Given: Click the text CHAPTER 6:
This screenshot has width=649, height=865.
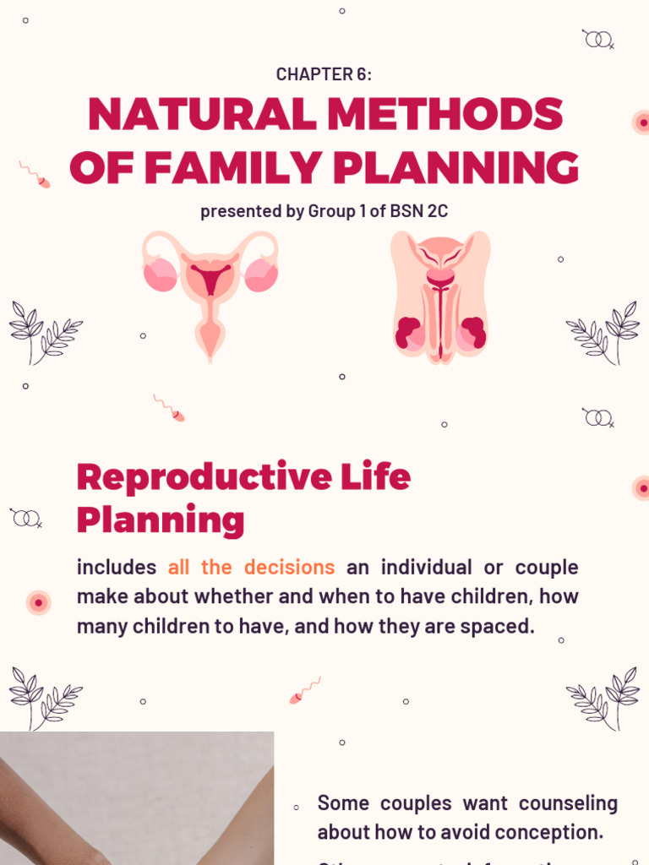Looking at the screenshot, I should click(x=324, y=74).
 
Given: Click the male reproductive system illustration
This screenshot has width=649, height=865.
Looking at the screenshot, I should click(x=439, y=296).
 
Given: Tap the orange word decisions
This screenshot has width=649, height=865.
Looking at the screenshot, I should click(x=290, y=567).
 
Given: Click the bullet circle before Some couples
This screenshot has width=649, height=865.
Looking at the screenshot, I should click(x=296, y=808).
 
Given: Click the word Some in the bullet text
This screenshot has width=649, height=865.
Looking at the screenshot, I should click(x=343, y=802).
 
